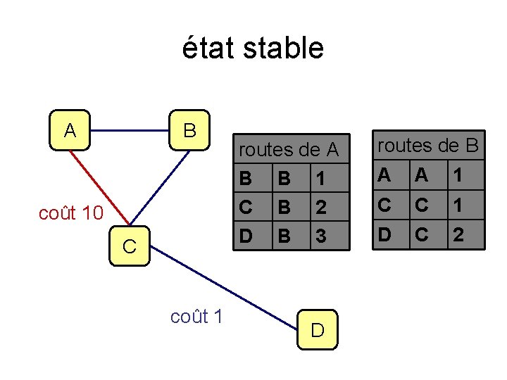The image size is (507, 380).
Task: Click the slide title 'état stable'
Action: click(x=253, y=49)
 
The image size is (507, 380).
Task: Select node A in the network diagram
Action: click(x=70, y=130)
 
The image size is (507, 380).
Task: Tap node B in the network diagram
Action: click(x=189, y=130)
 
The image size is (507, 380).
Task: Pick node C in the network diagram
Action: click(x=130, y=246)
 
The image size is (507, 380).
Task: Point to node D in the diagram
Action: click(x=317, y=329)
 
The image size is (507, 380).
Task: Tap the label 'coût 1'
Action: click(x=196, y=317)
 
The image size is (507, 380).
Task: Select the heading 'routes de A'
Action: click(x=289, y=150)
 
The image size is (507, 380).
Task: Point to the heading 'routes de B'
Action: click(x=428, y=146)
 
